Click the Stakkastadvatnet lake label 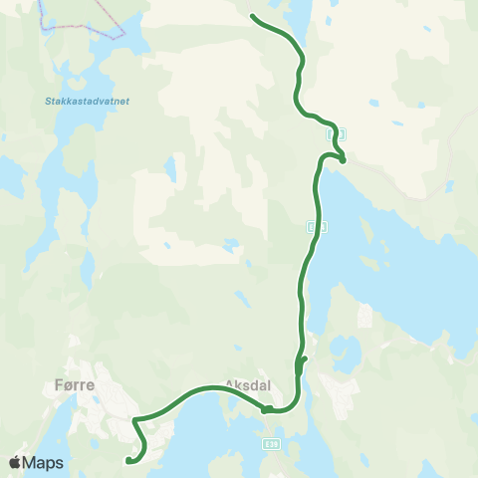(88, 101)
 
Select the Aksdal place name (248, 383)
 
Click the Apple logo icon (15, 462)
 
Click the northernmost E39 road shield (336, 132)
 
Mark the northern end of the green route (252, 16)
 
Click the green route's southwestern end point (128, 460)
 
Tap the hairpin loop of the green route (340, 157)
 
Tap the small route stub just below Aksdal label (266, 408)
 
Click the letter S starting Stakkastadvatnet (48, 101)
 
